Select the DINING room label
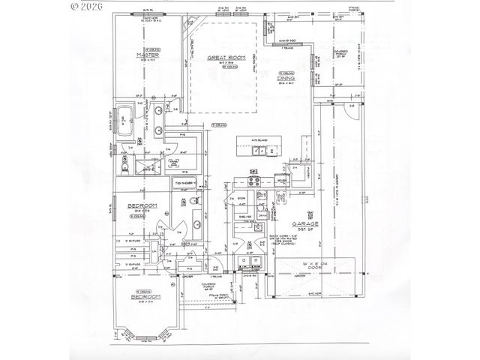click(286, 77)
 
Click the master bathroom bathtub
click(127, 120)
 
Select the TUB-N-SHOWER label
click(185, 182)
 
